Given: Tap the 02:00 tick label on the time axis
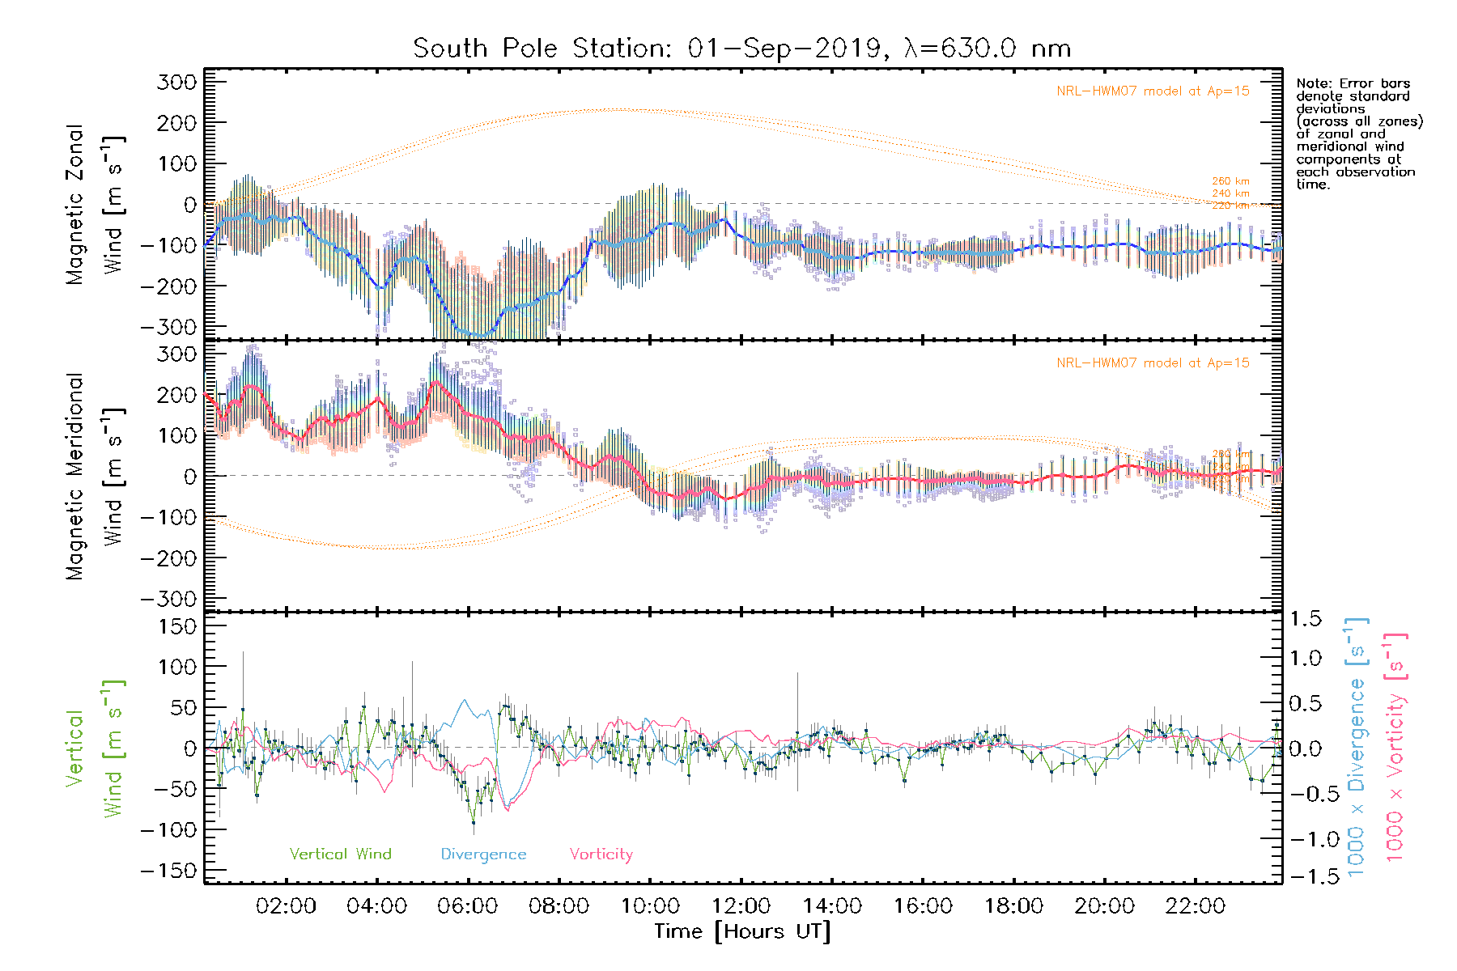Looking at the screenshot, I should [x=286, y=906].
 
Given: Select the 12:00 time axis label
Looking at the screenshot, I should [x=741, y=906].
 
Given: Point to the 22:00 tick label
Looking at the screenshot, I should [x=1196, y=906].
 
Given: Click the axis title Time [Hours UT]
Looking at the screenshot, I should [x=742, y=931].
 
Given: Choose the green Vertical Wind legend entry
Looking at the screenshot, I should [x=340, y=854].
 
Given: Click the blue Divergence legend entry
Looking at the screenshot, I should [x=483, y=854].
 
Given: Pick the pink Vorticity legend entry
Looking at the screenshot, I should [x=601, y=854].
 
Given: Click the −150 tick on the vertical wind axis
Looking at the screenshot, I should [x=168, y=871].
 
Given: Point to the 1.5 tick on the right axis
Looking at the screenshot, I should [x=1306, y=619].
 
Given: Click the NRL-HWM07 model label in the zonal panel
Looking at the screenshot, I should [x=1153, y=91].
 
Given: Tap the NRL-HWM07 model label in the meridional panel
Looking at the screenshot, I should [x=1153, y=363].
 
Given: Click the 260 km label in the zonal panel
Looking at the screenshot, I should [x=1230, y=181].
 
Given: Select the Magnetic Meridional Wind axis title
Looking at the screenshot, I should [x=96, y=477].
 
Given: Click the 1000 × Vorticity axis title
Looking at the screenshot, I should [x=1395, y=747].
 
